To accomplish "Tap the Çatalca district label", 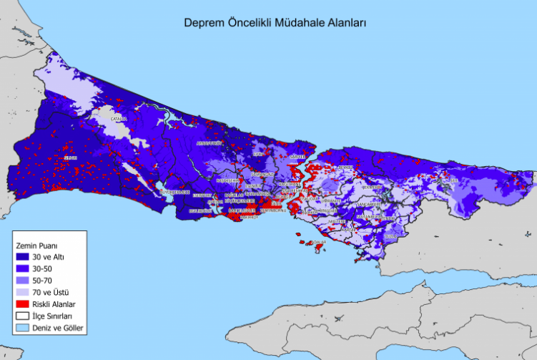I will (119, 119).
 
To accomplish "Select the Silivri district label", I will (70, 157).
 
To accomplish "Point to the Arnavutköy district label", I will (210, 143).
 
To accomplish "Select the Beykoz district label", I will (346, 167).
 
